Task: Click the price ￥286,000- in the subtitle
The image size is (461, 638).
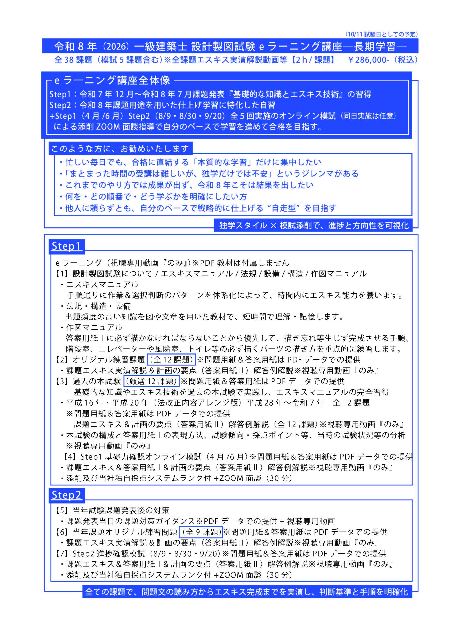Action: pos(368,60)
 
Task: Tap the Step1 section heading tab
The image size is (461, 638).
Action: pos(66,246)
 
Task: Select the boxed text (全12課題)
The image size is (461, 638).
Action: pos(171,360)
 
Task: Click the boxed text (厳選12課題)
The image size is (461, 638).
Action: pos(151,381)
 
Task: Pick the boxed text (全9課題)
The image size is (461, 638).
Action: pos(201,532)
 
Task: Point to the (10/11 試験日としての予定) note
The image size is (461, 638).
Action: pos(382,34)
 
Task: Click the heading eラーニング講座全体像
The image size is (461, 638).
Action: pos(112,80)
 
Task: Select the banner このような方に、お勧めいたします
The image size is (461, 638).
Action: pos(120,148)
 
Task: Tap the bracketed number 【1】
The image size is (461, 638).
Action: pos(61,274)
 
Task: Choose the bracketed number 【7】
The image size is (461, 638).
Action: pos(61,554)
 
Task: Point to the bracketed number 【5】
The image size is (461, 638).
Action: pos(61,510)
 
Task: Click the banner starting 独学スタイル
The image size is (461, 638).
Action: pos(313,225)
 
